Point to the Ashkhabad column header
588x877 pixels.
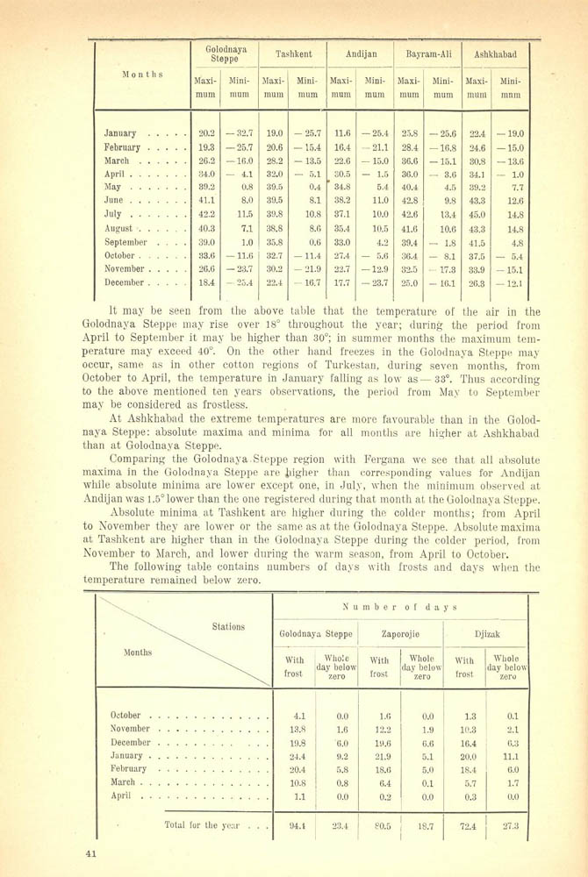click(496, 54)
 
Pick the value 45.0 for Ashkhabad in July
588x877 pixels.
click(477, 213)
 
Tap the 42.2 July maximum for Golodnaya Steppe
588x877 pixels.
click(207, 213)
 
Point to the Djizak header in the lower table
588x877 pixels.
click(488, 632)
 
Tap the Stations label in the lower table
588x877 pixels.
click(228, 627)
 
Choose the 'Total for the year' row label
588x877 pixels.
click(209, 824)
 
